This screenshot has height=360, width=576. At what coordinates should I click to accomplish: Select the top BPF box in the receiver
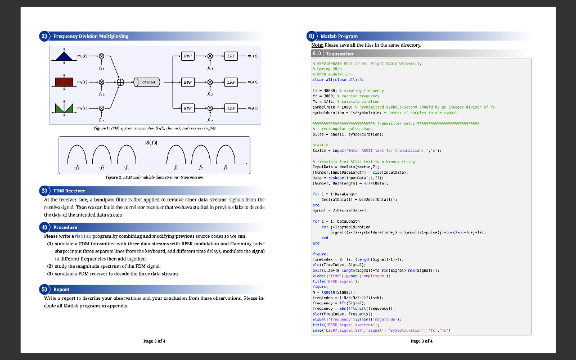click(x=189, y=57)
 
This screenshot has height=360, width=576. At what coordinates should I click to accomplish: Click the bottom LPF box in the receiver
click(x=231, y=107)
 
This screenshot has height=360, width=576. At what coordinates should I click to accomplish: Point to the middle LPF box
click(x=231, y=82)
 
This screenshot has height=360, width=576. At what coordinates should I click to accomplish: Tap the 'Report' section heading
click(x=62, y=289)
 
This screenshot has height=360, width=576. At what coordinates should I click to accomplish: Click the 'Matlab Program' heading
click(x=339, y=36)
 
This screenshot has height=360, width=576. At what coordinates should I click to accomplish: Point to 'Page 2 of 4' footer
click(x=155, y=341)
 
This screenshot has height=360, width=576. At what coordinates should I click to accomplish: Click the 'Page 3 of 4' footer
click(x=422, y=341)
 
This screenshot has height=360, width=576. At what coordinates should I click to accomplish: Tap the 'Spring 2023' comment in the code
click(x=327, y=69)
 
